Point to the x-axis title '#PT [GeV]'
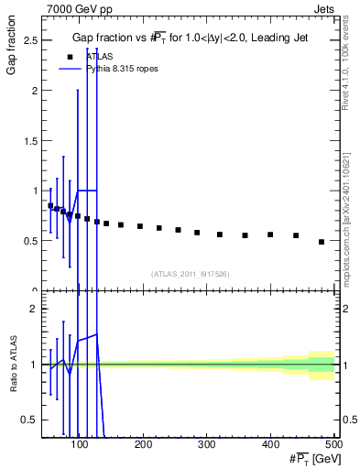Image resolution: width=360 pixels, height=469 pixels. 311,459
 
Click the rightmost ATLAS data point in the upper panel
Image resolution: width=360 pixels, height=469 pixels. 322,242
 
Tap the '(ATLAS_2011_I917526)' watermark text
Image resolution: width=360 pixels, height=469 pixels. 189,273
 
